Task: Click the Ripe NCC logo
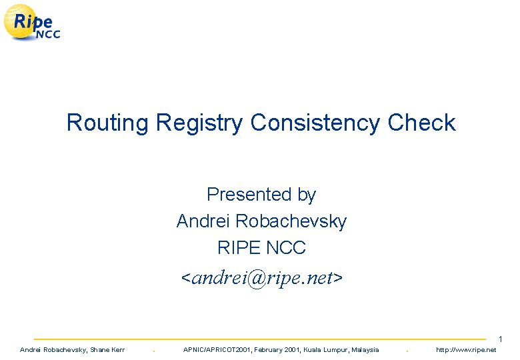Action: [32, 23]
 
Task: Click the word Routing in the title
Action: [108, 123]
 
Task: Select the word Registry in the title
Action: [200, 123]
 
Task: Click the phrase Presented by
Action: [261, 195]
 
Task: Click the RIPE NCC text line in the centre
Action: [261, 248]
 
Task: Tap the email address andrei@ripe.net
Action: [262, 277]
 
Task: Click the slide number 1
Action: [500, 339]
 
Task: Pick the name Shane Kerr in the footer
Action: [107, 350]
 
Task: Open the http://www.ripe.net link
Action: [466, 350]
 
